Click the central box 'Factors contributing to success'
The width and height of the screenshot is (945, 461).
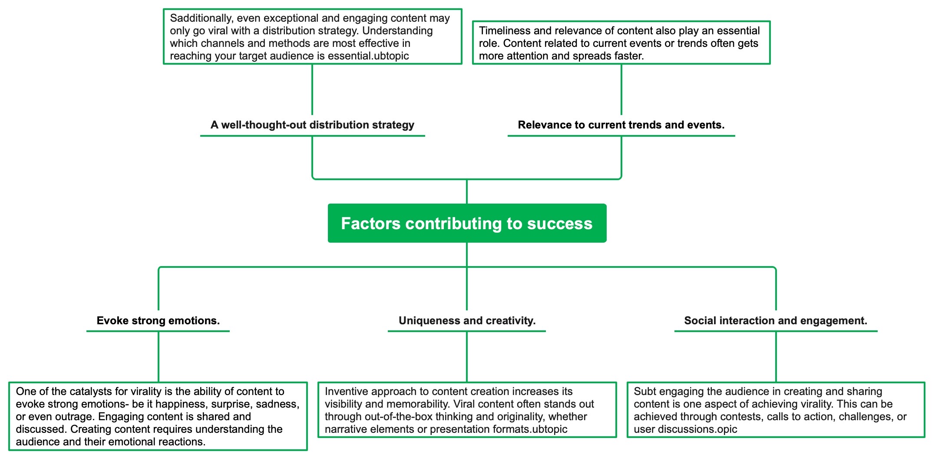467,223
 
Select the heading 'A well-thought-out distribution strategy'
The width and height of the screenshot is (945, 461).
312,125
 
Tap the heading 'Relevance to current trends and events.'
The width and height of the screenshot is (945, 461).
621,125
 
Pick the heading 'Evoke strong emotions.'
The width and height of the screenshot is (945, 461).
158,321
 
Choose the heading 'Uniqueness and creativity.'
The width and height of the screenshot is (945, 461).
467,321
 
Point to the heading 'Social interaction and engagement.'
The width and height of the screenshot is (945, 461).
776,321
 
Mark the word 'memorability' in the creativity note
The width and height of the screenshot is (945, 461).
415,404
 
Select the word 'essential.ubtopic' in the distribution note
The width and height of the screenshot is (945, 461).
368,56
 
